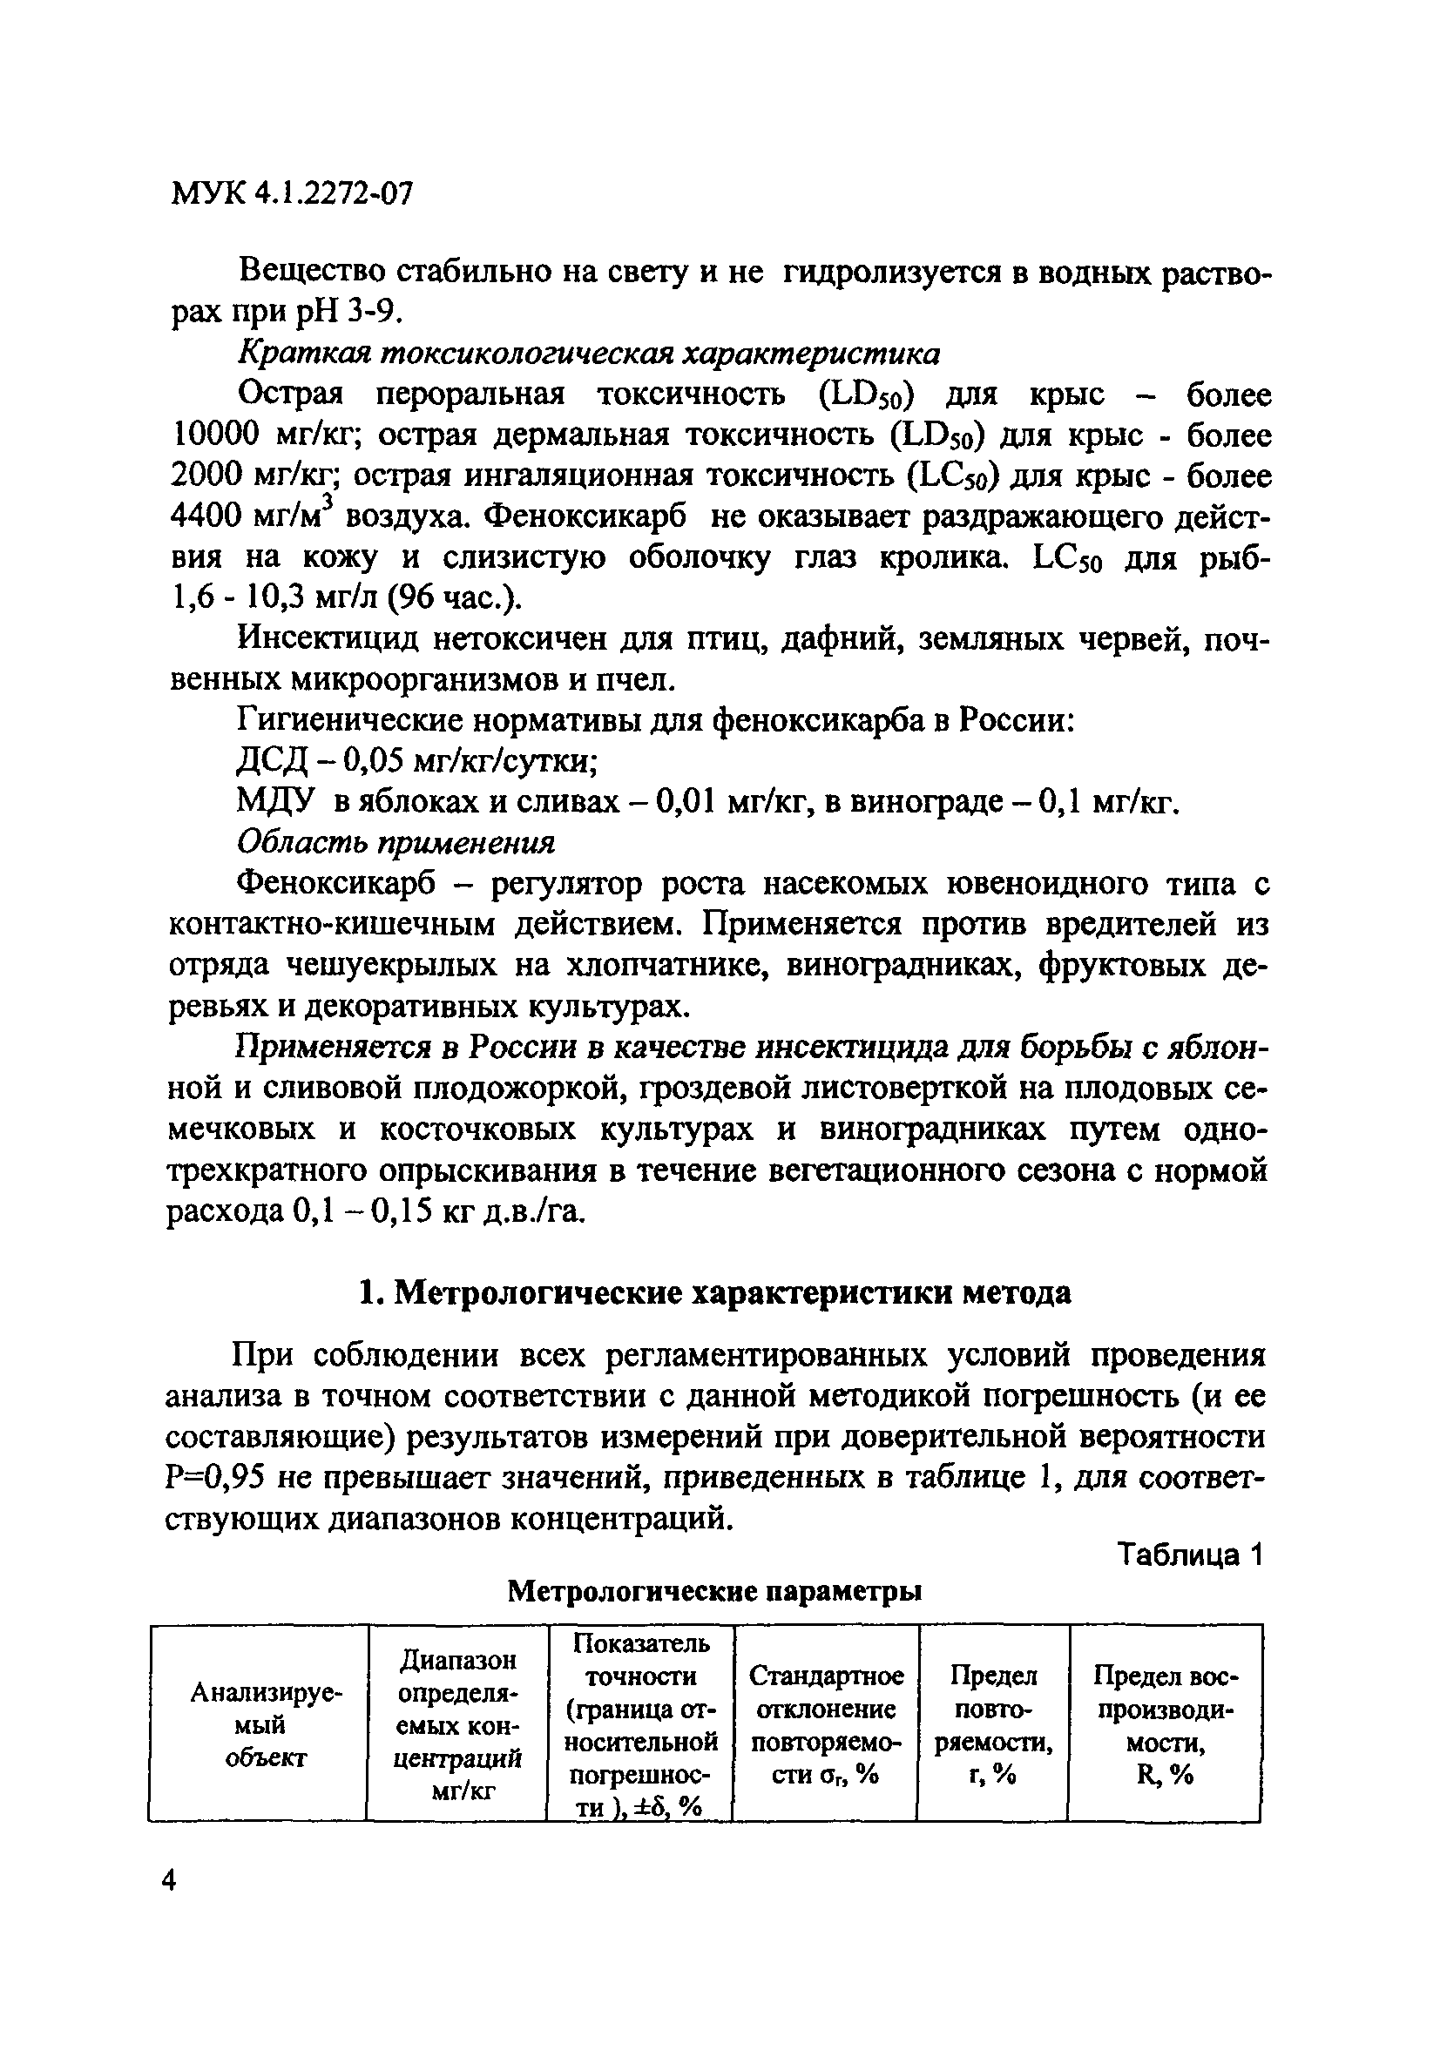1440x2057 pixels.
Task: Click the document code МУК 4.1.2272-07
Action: tap(291, 193)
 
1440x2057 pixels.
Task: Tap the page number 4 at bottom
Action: tap(168, 1878)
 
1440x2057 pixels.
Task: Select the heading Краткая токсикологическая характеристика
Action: tap(589, 353)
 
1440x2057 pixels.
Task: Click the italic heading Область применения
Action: tap(395, 842)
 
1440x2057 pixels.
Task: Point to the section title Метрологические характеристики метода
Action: tap(714, 1292)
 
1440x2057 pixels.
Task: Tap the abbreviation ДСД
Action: tap(272, 761)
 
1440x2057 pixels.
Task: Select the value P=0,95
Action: tap(214, 1478)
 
